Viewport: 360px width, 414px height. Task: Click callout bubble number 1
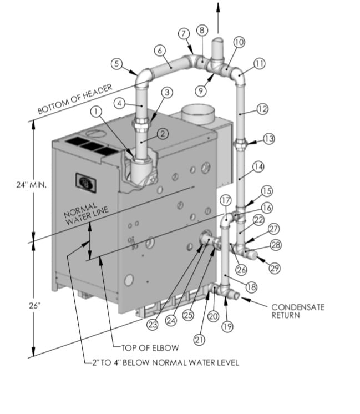pyautogui.click(x=96, y=112)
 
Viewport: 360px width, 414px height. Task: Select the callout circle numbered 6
pyautogui.click(x=160, y=50)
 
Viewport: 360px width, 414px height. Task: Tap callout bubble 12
pyautogui.click(x=262, y=109)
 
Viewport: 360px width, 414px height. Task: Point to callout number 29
pyautogui.click(x=275, y=268)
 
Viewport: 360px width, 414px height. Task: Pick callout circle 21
pyautogui.click(x=199, y=340)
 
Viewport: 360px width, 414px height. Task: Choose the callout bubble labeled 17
pyautogui.click(x=226, y=201)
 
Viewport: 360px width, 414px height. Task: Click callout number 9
pyautogui.click(x=201, y=91)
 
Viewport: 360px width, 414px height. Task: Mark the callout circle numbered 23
pyautogui.click(x=153, y=325)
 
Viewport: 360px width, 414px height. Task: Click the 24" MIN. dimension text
pyautogui.click(x=32, y=185)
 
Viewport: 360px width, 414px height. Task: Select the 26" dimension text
pyautogui.click(x=35, y=305)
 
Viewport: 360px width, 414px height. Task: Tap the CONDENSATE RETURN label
pyautogui.click(x=298, y=311)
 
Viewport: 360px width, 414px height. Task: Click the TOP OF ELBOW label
pyautogui.click(x=150, y=348)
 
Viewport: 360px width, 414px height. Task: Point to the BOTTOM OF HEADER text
pyautogui.click(x=75, y=99)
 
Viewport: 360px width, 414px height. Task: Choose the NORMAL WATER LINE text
pyautogui.click(x=86, y=214)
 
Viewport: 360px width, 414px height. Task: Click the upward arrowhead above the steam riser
pyautogui.click(x=218, y=7)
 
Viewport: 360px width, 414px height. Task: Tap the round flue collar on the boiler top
pyautogui.click(x=197, y=114)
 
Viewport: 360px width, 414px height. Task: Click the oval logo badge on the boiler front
pyautogui.click(x=86, y=181)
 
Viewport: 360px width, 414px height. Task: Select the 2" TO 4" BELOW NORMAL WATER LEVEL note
pyautogui.click(x=165, y=362)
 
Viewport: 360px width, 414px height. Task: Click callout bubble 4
pyautogui.click(x=120, y=103)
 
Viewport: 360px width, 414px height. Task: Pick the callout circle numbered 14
pyautogui.click(x=258, y=166)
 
